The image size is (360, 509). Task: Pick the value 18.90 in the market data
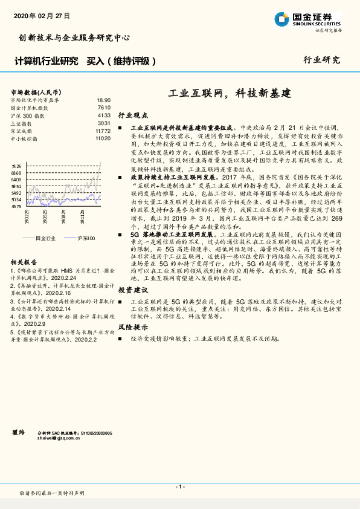[x=103, y=100]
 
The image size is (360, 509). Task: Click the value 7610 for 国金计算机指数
[x=103, y=107]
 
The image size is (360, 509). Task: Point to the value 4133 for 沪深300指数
[x=103, y=115]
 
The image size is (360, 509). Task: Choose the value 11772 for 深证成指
[x=103, y=131]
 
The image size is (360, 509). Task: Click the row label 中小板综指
[x=24, y=138]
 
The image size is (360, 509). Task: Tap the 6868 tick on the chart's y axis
[x=16, y=173]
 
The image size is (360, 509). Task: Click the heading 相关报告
[x=25, y=262]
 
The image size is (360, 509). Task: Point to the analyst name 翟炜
[x=18, y=432]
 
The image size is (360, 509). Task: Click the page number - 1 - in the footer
[x=179, y=486]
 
